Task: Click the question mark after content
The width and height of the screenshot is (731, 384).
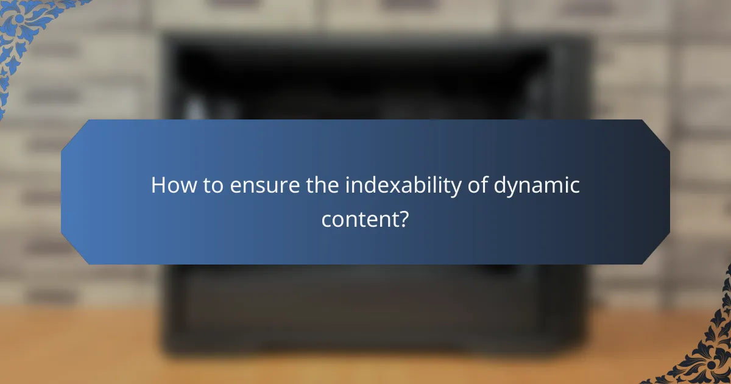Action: [x=403, y=218]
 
